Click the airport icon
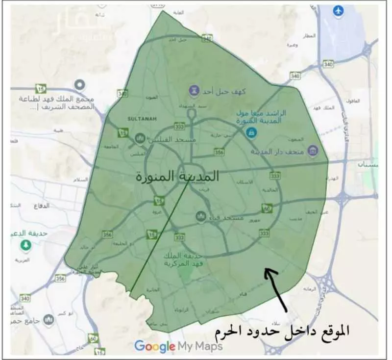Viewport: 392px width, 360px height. (338, 10)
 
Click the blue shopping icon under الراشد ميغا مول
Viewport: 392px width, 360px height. (251, 131)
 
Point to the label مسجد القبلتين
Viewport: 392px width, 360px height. (167, 139)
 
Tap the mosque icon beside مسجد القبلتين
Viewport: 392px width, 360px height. (140, 139)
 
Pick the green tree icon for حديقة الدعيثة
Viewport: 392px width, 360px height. (23, 245)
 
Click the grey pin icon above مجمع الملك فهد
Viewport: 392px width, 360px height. (78, 84)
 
